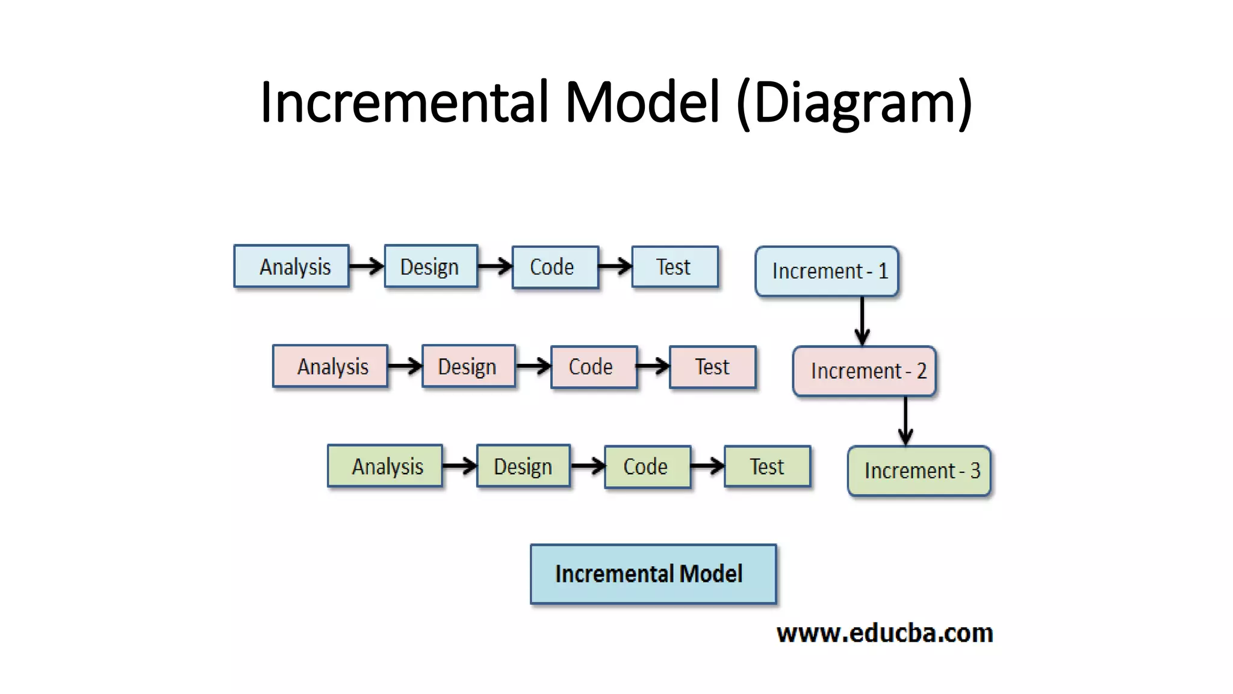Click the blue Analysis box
tap(291, 266)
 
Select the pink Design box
tap(468, 366)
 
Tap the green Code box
tap(647, 467)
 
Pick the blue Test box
tap(675, 267)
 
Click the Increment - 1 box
tap(827, 271)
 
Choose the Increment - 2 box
tap(865, 371)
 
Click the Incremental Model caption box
tap(653, 574)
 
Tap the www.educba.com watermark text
tap(884, 633)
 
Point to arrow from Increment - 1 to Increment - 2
tap(862, 321)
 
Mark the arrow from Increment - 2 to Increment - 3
tap(905, 420)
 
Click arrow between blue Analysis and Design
tap(366, 266)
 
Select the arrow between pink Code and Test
tap(653, 366)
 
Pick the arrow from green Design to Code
tap(587, 466)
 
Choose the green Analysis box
tap(385, 466)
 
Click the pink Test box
tap(713, 367)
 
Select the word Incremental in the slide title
tap(404, 102)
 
